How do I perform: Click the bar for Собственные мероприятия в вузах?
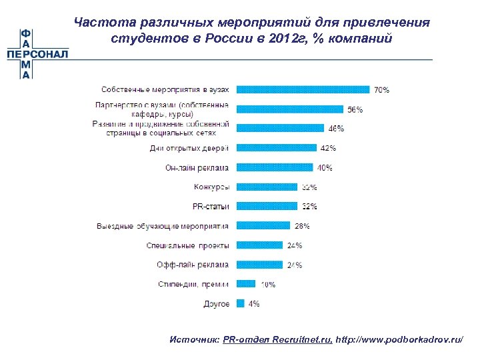tap(303, 89)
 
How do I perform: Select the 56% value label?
tap(355, 109)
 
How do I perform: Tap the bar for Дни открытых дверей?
tap(277, 148)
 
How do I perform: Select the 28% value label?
tap(302, 226)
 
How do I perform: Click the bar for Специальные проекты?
tap(260, 245)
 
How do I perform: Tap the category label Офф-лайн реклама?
tap(193, 265)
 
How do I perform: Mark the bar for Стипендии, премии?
tap(247, 284)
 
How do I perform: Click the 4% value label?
tap(254, 304)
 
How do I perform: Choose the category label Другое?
tap(217, 304)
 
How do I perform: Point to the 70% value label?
tap(382, 89)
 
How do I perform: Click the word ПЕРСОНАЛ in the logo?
tap(37, 55)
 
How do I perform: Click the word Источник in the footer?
tap(194, 340)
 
